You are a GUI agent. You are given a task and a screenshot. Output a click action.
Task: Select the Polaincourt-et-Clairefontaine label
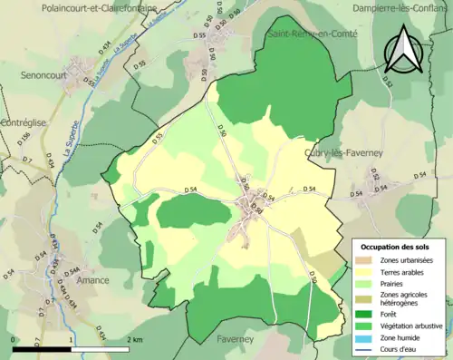pyautogui.click(x=100, y=7)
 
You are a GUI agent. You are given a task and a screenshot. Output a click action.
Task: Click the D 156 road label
pyautogui.click(x=24, y=138)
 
